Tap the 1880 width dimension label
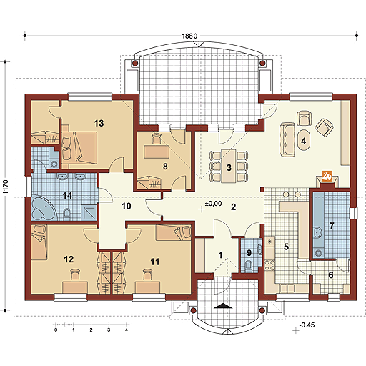189,36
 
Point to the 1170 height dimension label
5,187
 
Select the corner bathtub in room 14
44,208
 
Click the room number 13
99,123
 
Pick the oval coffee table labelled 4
304,140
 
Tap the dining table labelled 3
229,166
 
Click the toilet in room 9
249,266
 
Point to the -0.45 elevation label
307,325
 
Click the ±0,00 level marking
214,204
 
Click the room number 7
332,225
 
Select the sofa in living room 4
287,139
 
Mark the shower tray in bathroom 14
89,212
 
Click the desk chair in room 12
75,274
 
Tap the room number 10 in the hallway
127,206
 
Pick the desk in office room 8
157,152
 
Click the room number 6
331,275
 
